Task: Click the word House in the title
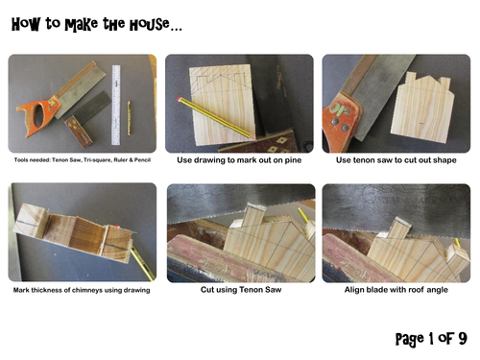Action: pos(150,24)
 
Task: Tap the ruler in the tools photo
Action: pos(116,105)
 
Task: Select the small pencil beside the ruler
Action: pos(129,118)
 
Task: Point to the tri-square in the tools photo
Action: pos(87,119)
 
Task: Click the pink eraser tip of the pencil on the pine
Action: pos(179,99)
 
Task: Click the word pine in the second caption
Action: pos(293,160)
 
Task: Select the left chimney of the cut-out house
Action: pos(411,77)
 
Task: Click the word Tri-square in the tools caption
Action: pos(89,160)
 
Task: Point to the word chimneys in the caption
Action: pos(84,291)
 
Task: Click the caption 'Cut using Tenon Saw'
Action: pos(241,290)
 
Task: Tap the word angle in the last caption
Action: pos(438,290)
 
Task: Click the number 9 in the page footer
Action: pos(463,338)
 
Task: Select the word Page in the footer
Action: pos(410,339)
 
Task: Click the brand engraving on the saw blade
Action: pos(420,200)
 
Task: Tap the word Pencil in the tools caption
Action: pos(142,160)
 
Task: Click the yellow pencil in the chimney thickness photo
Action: pos(143,263)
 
